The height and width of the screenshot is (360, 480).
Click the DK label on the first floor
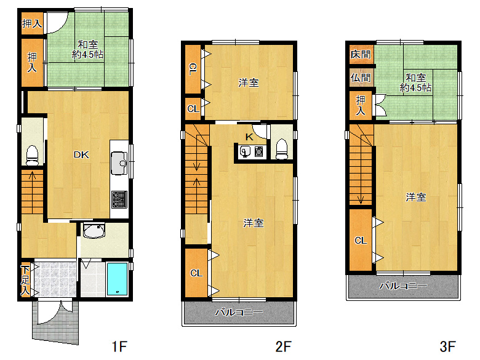click(82, 155)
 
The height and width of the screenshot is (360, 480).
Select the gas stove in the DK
click(119, 199)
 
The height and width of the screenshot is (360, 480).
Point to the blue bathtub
click(117, 278)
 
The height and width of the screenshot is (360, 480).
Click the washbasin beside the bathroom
click(94, 231)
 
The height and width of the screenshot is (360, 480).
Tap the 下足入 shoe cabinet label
click(25, 281)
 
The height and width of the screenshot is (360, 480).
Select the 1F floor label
click(118, 346)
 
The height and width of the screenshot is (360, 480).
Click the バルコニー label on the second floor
click(239, 313)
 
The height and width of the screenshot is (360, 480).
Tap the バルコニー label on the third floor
click(402, 286)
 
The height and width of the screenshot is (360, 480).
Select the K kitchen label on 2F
click(249, 137)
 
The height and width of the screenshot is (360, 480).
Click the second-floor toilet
click(282, 148)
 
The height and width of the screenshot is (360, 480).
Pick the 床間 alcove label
click(361, 54)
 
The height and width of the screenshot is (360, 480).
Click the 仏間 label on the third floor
click(361, 78)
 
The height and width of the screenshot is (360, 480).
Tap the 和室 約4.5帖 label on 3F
click(415, 83)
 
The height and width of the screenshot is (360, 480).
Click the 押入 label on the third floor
click(361, 106)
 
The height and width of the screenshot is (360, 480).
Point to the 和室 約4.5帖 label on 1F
click(88, 49)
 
